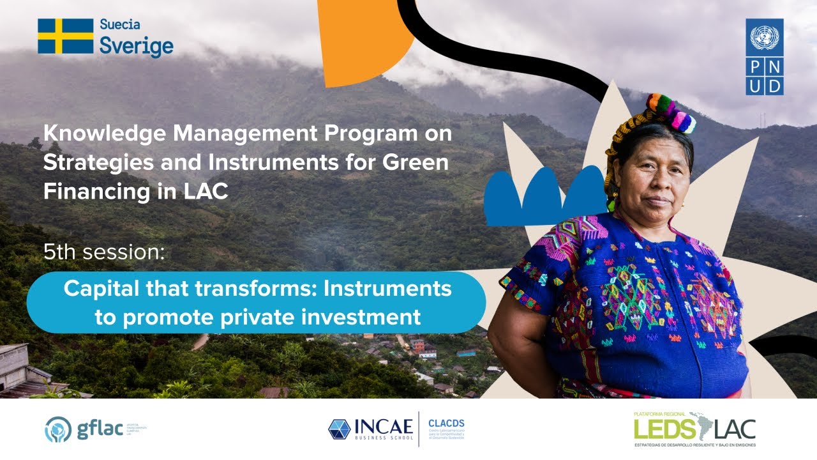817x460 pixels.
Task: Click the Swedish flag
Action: [65, 36]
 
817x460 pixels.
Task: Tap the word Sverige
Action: [136, 46]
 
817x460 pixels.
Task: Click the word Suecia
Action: [119, 25]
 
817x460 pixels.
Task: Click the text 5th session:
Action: [103, 252]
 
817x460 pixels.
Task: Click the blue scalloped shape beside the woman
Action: [543, 195]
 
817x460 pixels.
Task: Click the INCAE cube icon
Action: [338, 429]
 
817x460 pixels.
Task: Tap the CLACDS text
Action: [447, 422]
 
